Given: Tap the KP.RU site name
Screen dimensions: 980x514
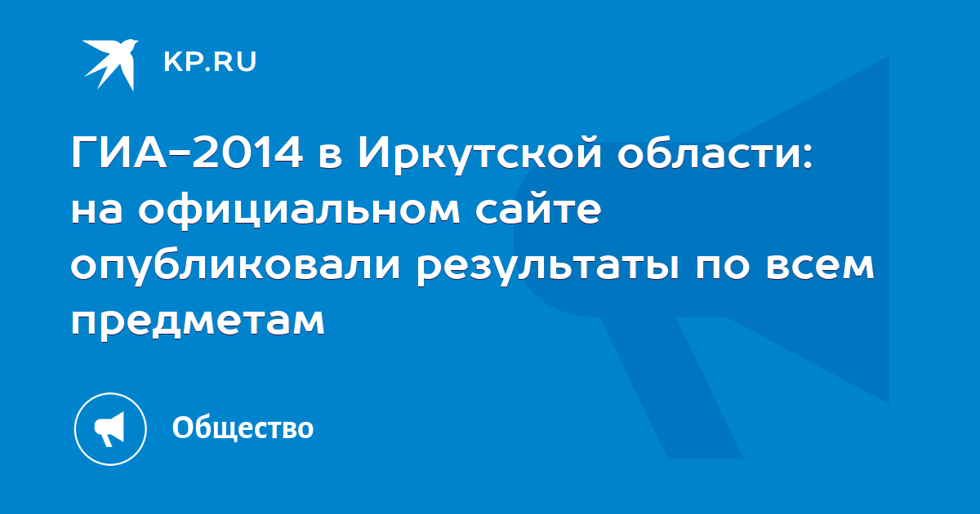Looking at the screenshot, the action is tap(210, 62).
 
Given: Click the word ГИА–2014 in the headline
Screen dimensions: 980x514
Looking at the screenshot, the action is tap(187, 153).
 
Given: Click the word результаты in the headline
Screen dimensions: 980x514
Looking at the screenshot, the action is tap(548, 268).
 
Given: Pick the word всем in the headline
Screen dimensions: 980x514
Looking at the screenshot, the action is tap(820, 266).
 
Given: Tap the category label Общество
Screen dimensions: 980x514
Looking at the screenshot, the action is tap(243, 428).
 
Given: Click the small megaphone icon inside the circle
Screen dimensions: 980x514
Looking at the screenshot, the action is tap(109, 429).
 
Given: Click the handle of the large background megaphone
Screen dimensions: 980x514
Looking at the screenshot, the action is tap(672, 388).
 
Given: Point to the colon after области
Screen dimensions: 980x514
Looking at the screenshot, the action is tap(808, 156).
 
